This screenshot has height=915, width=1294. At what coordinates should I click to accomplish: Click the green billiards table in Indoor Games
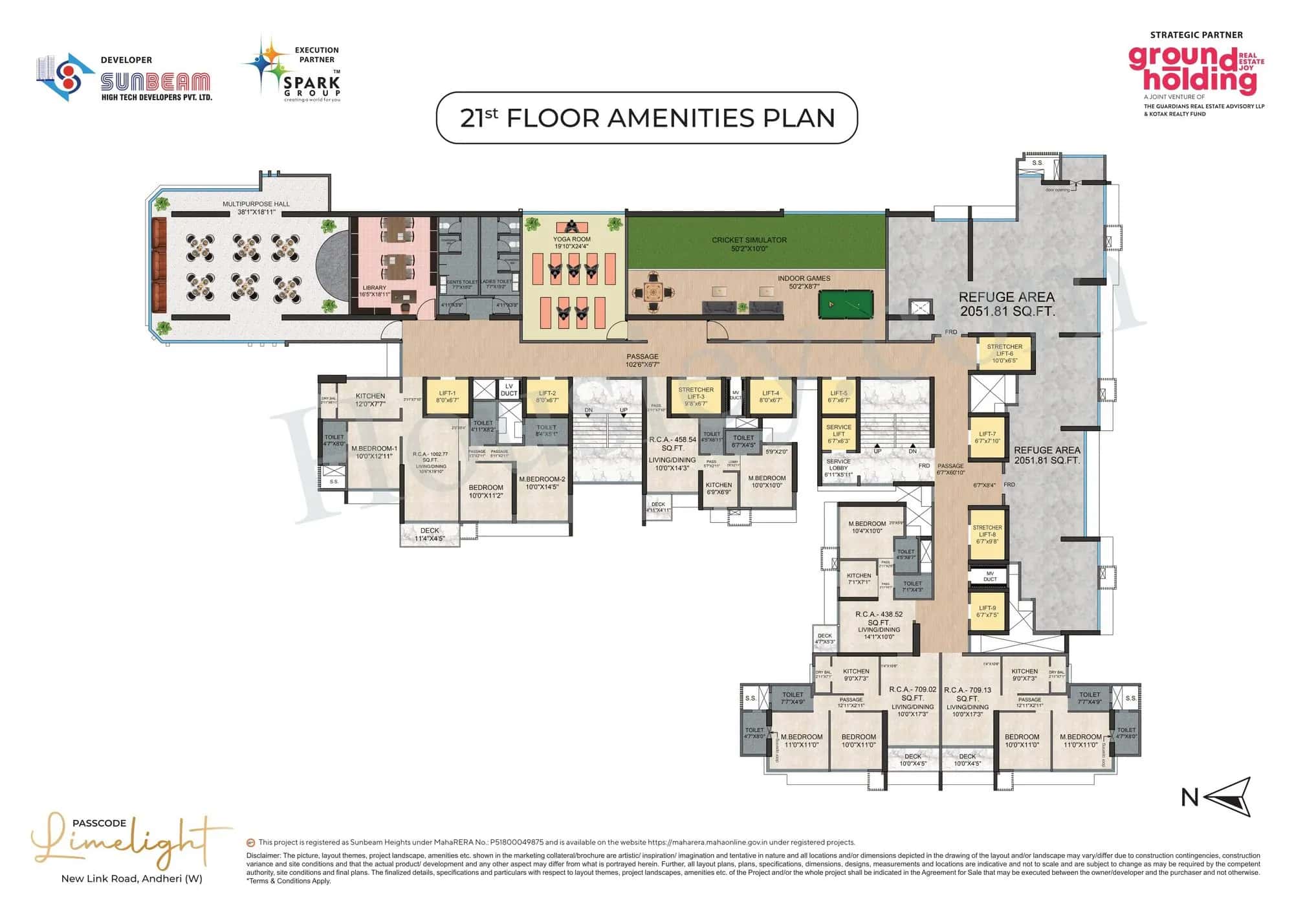pos(845,303)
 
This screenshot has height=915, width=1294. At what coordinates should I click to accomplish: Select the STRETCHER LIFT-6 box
pos(1004,353)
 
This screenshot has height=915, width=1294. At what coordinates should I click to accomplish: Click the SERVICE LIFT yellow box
pos(839,434)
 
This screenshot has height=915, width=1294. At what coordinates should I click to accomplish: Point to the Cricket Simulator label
pos(749,244)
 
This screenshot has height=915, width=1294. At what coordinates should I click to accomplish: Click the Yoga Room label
pos(571,242)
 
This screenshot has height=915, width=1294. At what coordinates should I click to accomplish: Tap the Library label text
pos(375,291)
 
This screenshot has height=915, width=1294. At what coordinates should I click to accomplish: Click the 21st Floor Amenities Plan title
pos(647,118)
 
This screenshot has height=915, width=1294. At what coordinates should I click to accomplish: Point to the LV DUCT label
pos(509,390)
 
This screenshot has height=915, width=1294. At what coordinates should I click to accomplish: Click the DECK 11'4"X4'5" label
pos(430,535)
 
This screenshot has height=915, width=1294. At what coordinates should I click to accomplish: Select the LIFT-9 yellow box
pos(987,612)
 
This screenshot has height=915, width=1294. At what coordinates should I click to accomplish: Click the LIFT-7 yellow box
pos(987,437)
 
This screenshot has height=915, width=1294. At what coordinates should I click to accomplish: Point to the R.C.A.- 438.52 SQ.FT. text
pos(879,618)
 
